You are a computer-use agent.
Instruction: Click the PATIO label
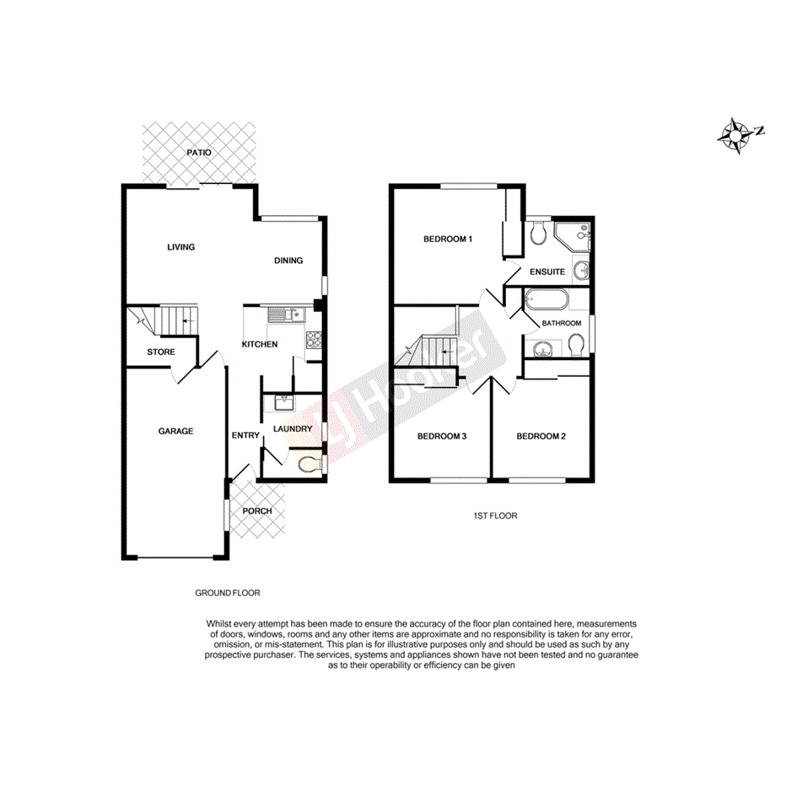199,153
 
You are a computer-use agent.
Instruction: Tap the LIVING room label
180,247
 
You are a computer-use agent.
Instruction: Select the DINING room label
288,261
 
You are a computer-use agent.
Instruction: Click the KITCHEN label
260,344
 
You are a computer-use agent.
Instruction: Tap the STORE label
161,352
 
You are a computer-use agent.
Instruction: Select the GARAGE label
175,431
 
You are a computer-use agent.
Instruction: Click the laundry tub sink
282,403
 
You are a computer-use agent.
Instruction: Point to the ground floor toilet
310,463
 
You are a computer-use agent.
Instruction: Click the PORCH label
257,511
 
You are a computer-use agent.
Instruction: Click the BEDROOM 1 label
447,240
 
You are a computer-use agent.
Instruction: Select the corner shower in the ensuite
576,235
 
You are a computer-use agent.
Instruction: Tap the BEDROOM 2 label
541,436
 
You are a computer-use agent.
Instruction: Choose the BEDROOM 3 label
442,436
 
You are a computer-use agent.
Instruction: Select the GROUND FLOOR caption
228,593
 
